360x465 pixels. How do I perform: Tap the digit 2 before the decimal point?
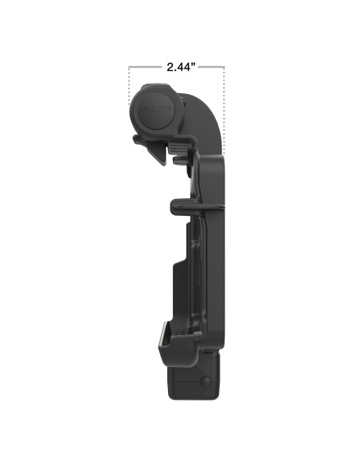coord(170,68)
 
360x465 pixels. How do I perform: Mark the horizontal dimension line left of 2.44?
coord(145,68)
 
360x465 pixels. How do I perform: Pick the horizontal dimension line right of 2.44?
coord(211,68)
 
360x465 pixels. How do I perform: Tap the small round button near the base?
coord(205,383)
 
